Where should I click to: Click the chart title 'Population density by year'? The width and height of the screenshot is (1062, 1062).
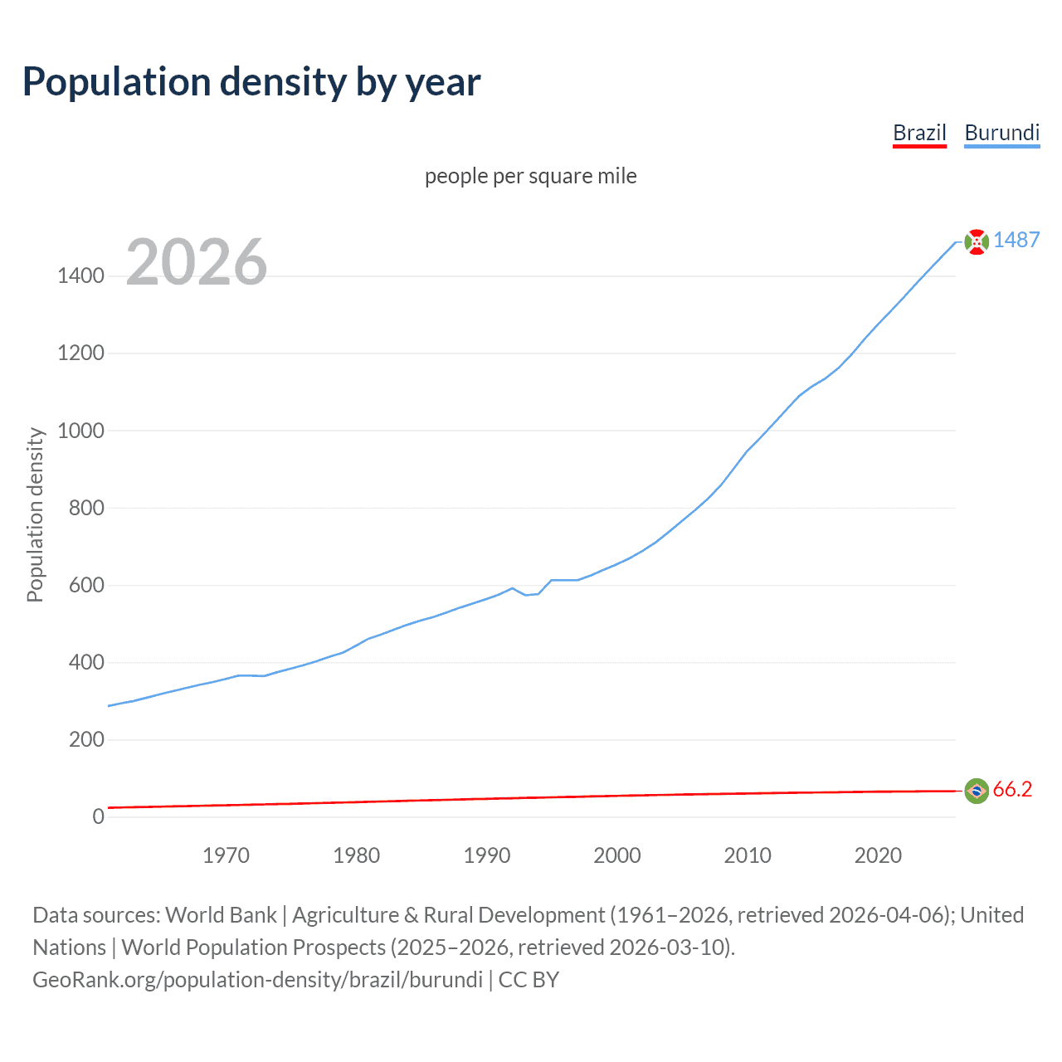(x=251, y=82)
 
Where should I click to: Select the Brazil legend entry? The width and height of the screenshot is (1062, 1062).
(x=919, y=133)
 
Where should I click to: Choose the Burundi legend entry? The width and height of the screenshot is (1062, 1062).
(x=1001, y=133)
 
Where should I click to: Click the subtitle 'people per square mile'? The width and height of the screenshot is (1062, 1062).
(x=530, y=176)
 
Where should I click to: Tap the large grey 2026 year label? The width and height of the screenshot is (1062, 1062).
(x=197, y=262)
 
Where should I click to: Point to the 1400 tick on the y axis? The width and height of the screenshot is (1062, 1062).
(x=80, y=276)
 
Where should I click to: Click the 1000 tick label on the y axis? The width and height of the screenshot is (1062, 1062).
(x=80, y=431)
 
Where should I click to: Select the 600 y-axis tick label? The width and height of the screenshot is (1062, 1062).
(x=86, y=585)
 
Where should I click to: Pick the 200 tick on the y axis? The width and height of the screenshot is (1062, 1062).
(x=86, y=739)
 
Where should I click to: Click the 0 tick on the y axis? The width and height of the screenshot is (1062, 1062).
(x=99, y=816)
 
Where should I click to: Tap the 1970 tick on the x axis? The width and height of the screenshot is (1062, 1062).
(x=226, y=855)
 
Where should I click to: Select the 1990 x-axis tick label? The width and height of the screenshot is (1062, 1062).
(x=487, y=855)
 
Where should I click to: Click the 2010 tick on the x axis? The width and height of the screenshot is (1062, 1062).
(x=748, y=855)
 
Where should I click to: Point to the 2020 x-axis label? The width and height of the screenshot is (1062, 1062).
(x=878, y=855)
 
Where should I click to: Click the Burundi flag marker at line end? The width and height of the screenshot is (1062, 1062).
(x=977, y=241)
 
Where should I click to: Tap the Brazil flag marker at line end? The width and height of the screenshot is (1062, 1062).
(x=977, y=791)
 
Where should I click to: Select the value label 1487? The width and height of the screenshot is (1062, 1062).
(x=1016, y=240)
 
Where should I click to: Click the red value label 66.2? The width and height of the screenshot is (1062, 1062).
(x=1012, y=789)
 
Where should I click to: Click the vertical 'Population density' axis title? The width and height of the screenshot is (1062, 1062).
(x=35, y=514)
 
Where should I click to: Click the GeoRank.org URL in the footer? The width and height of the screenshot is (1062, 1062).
(x=257, y=980)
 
